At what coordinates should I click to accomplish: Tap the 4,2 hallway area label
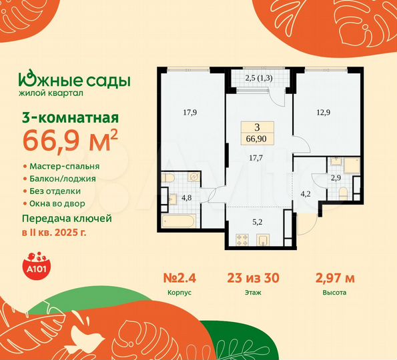click(x=306, y=195)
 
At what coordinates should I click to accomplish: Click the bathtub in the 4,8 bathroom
click(x=178, y=222)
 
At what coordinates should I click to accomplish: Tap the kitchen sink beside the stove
click(x=264, y=239)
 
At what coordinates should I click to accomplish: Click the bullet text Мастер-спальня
click(x=66, y=165)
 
